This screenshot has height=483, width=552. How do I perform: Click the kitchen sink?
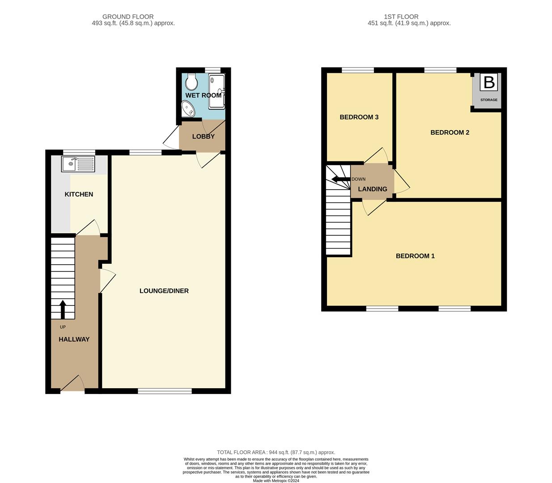pyautogui.click(x=79, y=164)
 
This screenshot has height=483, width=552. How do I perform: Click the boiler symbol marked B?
pyautogui.click(x=488, y=83)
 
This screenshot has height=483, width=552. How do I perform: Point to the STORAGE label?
pyautogui.click(x=488, y=100)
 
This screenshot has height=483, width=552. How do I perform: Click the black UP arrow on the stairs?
pyautogui.click(x=63, y=309)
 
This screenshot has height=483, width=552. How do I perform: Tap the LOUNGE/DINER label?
pyautogui.click(x=164, y=291)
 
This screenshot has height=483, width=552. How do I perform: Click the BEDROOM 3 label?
pyautogui.click(x=359, y=117)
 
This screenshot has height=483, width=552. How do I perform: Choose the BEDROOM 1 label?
pyautogui.click(x=415, y=256)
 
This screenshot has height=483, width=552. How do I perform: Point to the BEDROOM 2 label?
pyautogui.click(x=450, y=132)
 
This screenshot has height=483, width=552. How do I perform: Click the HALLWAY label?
pyautogui.click(x=74, y=339)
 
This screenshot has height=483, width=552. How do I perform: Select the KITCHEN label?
pyautogui.click(x=79, y=194)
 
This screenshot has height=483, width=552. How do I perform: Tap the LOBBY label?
pyautogui.click(x=203, y=136)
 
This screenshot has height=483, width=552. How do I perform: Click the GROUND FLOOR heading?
pyautogui.click(x=128, y=17)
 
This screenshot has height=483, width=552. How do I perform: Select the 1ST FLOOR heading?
pyautogui.click(x=401, y=17)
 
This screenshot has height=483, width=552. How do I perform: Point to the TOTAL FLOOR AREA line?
pyautogui.click(x=276, y=452)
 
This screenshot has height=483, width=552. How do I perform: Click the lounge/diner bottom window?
pyautogui.click(x=165, y=391)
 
